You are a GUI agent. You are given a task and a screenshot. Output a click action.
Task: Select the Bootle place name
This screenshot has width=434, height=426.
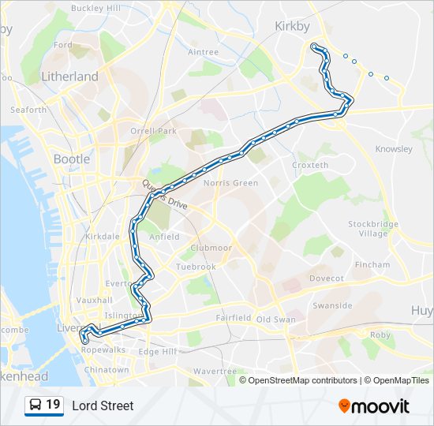[x=72, y=159]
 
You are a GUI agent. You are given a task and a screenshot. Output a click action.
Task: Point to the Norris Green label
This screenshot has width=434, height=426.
[x=231, y=183]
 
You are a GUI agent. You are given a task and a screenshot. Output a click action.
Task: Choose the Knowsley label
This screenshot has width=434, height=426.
[x=394, y=148]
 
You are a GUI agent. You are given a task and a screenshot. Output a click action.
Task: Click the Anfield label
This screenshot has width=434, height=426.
[x=164, y=236]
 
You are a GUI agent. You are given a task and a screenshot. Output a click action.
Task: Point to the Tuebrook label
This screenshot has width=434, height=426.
[x=196, y=267]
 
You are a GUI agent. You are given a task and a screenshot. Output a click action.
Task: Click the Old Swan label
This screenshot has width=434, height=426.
[x=275, y=319]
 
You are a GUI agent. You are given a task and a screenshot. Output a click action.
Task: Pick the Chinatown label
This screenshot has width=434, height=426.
[x=106, y=369]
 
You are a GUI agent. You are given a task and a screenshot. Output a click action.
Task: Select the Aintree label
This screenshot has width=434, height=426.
[x=204, y=52]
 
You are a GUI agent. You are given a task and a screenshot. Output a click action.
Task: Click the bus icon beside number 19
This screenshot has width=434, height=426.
[x=36, y=405]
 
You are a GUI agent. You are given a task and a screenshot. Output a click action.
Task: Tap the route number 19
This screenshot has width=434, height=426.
[x=53, y=405]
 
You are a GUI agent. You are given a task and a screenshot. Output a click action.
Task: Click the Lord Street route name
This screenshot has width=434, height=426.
[x=103, y=405]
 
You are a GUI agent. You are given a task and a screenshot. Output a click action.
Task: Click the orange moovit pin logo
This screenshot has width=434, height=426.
[x=344, y=405]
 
